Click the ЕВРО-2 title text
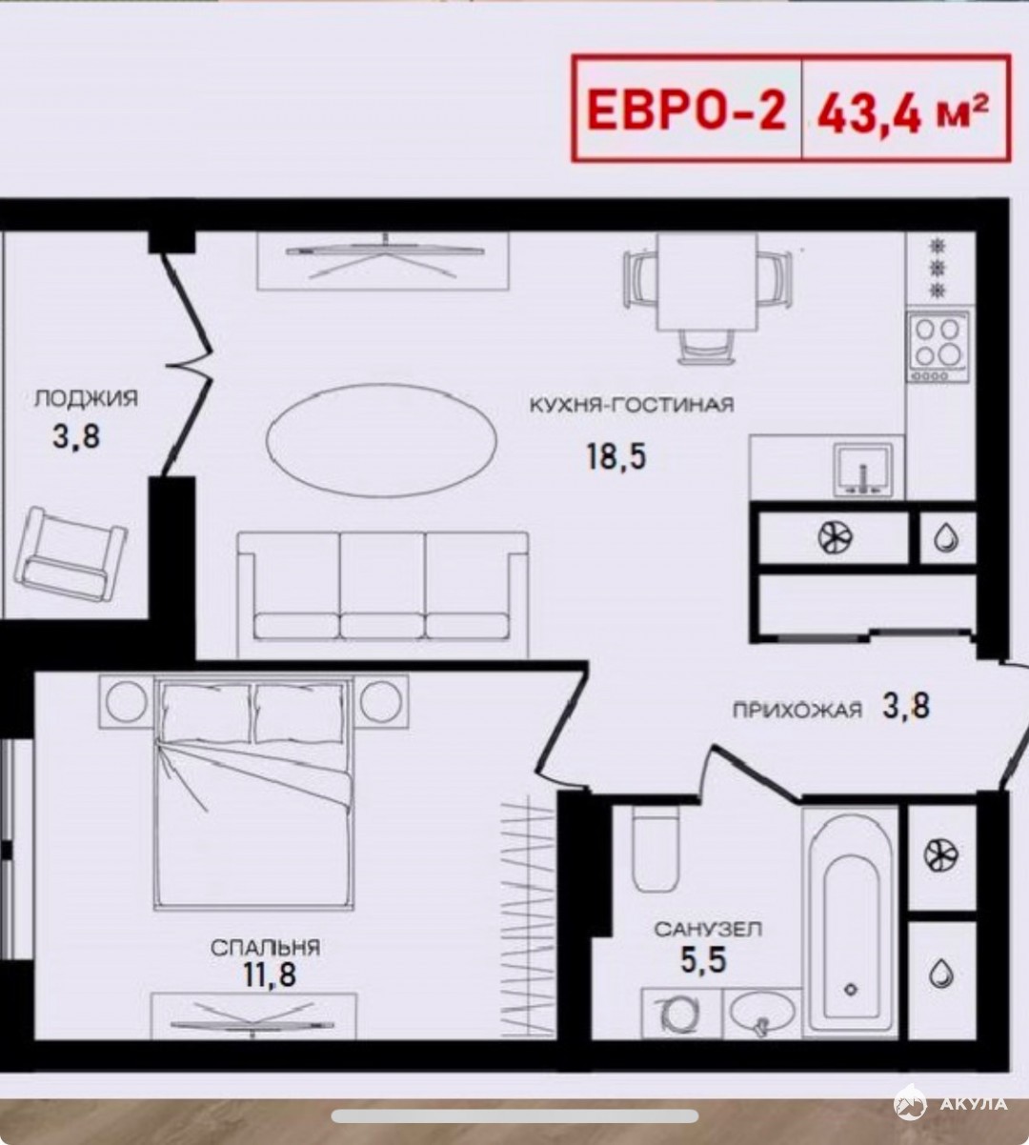686,111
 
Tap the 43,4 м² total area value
903,114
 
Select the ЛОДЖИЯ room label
86,398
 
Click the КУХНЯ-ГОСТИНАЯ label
632,405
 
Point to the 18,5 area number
615,456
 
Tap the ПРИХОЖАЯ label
797,711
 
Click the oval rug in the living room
382,441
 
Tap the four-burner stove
938,345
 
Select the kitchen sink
863,471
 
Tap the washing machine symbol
680,1014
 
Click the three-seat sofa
383,595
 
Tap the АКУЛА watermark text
973,1104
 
